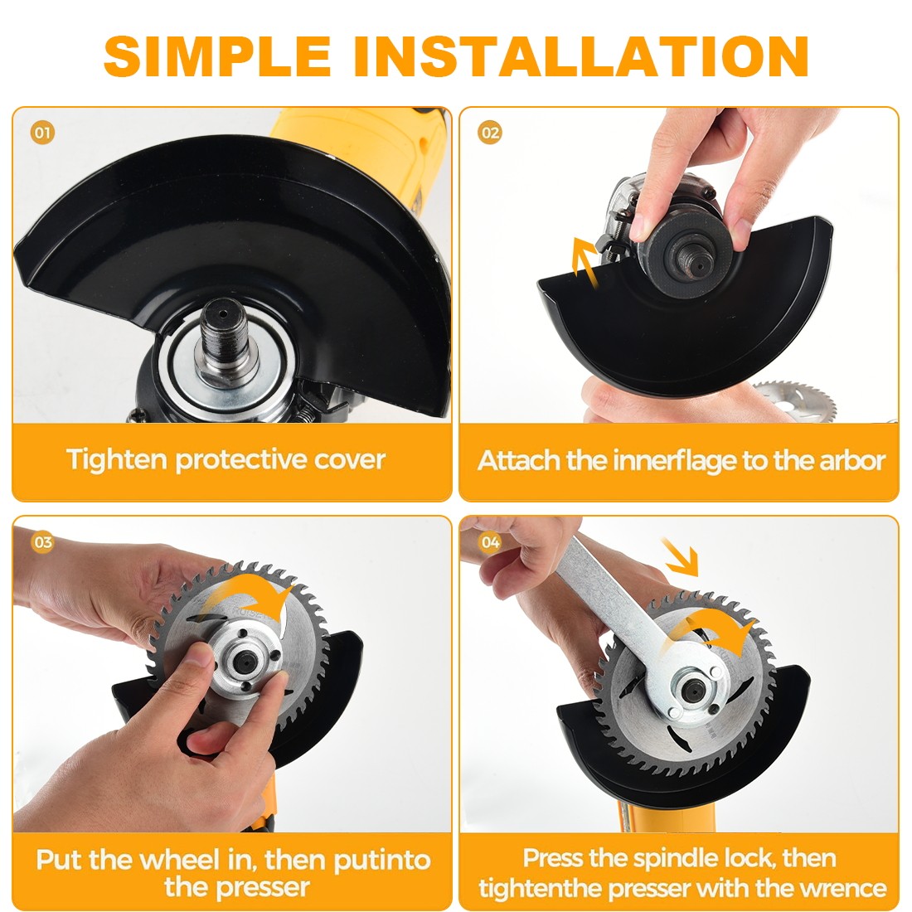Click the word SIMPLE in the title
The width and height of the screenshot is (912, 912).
coord(217,56)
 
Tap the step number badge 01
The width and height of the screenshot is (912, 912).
coord(42,133)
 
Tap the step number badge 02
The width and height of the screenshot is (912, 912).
coord(490,133)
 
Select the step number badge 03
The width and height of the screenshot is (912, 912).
coord(42,543)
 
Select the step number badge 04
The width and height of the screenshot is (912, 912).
coord(490,543)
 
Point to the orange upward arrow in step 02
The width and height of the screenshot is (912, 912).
coord(586,263)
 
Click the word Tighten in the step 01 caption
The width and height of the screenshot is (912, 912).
coord(117,459)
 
